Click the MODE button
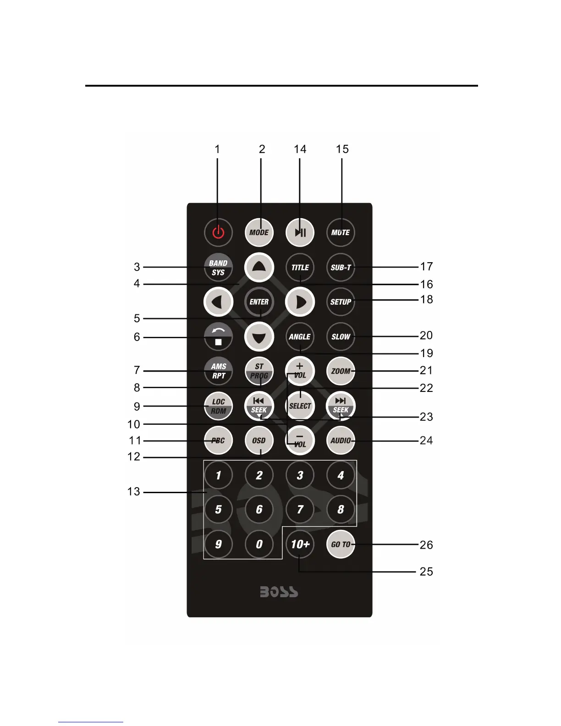coord(259,232)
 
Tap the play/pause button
coord(300,232)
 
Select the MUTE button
coord(341,232)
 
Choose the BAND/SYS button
coord(218,268)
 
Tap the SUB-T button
coord(341,268)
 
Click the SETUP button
coord(341,302)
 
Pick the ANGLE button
coord(300,337)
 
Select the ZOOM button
coord(341,371)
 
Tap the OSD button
coord(259,440)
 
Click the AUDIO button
coord(341,440)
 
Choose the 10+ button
coord(300,544)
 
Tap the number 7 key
coord(300,509)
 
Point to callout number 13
coord(134,492)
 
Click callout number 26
coord(426,545)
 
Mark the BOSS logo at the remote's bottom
coord(279,592)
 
